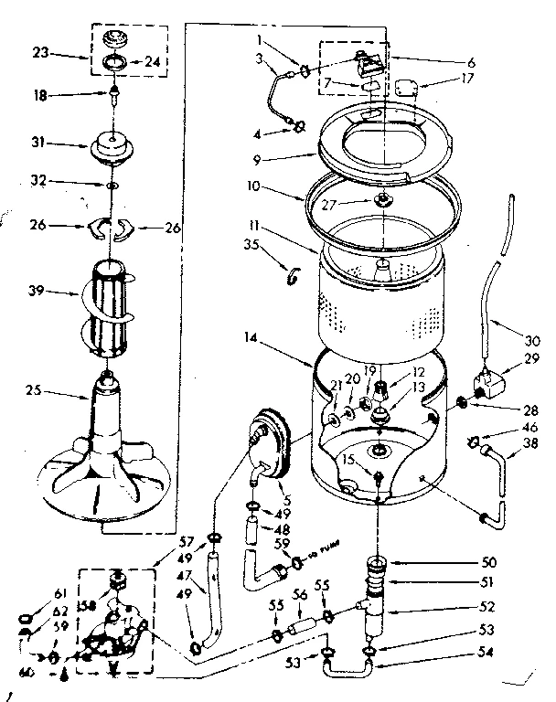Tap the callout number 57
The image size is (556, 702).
point(187,540)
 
